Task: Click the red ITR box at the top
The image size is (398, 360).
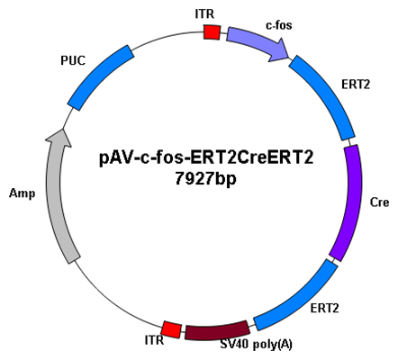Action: pos(212,31)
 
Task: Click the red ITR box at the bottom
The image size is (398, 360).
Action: pos(171,329)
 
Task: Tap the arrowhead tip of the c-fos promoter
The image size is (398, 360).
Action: pos(289,58)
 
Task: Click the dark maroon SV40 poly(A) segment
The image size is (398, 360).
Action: pos(217,331)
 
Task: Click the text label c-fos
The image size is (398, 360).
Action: pos(279,25)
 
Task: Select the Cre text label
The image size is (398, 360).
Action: pos(379,202)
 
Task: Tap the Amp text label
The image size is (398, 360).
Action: pos(22,193)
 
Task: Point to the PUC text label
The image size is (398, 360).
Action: pos(73,60)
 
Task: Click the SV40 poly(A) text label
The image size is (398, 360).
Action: pos(256,345)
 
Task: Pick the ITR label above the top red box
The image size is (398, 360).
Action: pos(204,14)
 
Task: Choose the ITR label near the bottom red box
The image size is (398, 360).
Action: pos(154,340)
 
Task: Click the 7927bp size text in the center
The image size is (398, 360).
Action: pos(205,180)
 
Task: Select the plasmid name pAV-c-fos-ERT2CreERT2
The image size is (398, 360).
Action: pos(206,157)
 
